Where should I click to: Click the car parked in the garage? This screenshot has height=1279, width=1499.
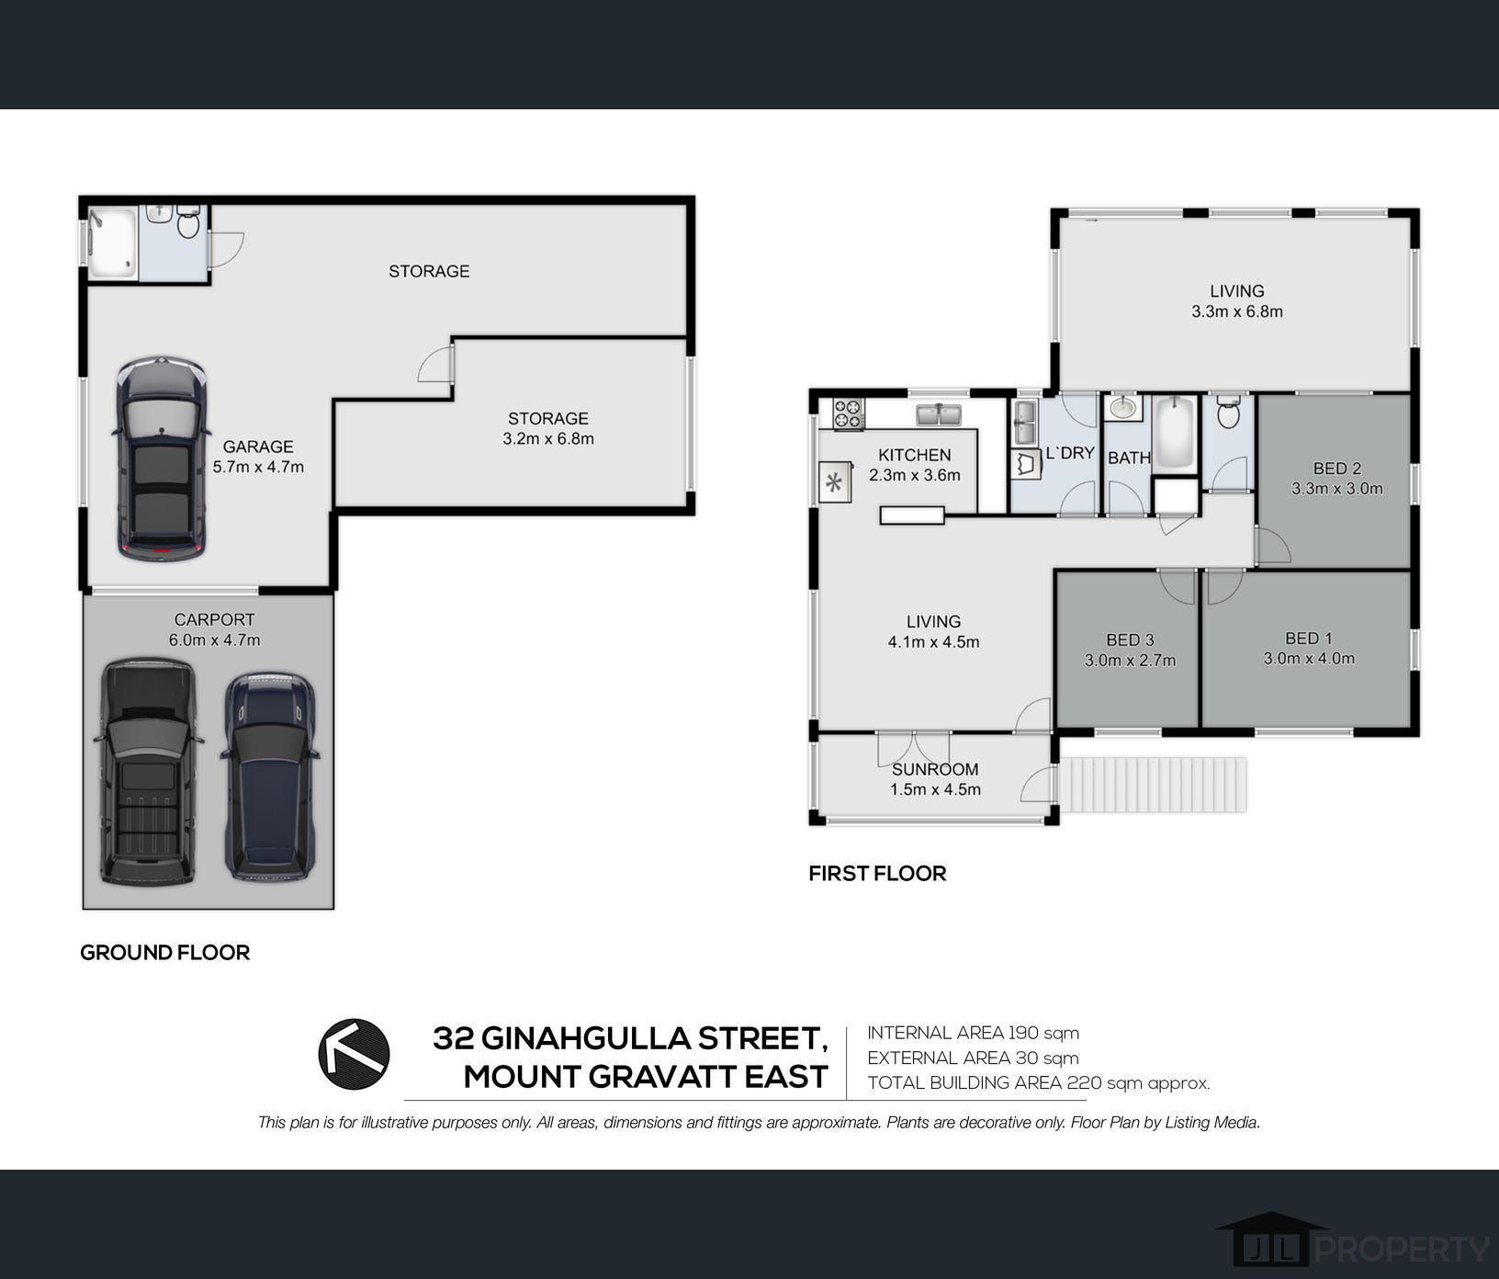click(x=160, y=458)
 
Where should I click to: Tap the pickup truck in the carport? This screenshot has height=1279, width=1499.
click(x=146, y=771)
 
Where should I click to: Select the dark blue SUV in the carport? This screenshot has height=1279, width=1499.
click(x=269, y=776)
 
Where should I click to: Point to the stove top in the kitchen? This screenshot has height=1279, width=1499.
click(x=849, y=413)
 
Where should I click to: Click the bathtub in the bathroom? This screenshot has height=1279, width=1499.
click(x=1174, y=434)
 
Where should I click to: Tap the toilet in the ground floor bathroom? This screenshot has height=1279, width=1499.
click(x=188, y=221)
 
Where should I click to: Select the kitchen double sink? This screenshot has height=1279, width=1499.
click(x=938, y=414)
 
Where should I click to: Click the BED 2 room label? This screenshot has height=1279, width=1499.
click(x=1336, y=469)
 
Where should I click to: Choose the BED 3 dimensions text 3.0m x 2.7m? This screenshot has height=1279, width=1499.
click(x=1130, y=660)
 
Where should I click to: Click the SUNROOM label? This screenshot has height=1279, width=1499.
click(x=935, y=769)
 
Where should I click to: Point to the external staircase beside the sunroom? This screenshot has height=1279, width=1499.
click(x=1153, y=785)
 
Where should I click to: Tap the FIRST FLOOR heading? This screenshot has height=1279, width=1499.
click(x=877, y=873)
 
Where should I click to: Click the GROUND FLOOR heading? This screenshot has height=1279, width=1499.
click(x=164, y=952)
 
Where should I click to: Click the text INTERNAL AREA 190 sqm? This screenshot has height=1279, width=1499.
click(x=973, y=1033)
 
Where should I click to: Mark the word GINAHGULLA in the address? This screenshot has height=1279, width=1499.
click(x=585, y=1038)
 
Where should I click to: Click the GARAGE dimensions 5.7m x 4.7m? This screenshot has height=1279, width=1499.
click(x=258, y=467)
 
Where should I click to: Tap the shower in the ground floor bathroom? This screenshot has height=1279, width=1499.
click(x=112, y=243)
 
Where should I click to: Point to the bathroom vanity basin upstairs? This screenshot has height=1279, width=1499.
click(x=1122, y=407)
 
